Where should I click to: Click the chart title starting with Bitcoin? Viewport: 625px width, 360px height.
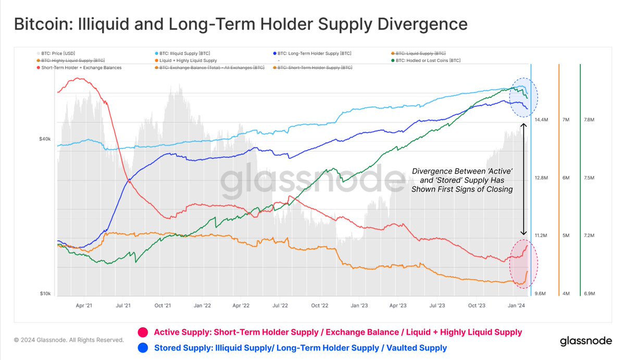240,24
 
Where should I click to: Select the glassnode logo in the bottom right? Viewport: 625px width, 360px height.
585,342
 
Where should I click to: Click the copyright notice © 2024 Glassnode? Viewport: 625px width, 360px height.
69,340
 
